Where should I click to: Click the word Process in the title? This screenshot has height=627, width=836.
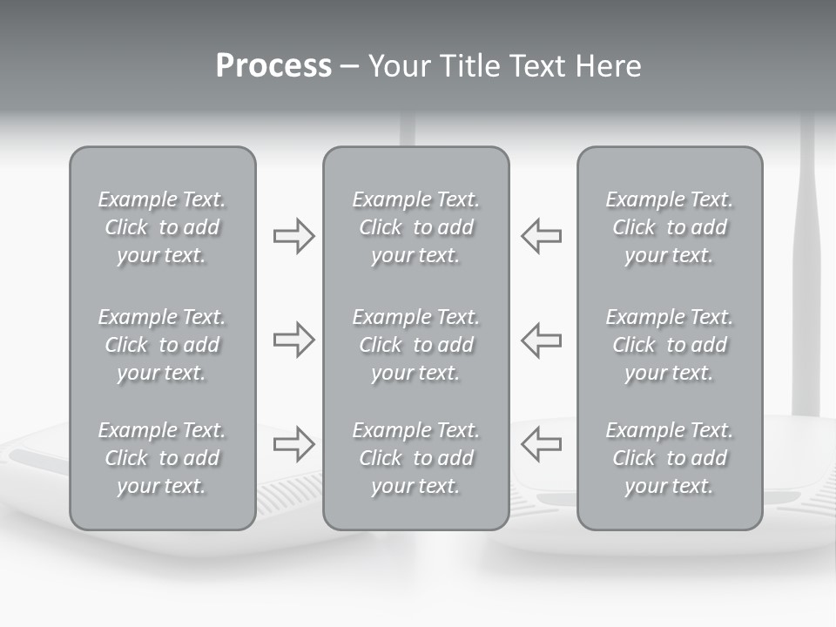coord(273,66)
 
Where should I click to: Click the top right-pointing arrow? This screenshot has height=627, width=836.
coord(293,236)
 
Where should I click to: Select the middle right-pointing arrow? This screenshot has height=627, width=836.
coord(293,340)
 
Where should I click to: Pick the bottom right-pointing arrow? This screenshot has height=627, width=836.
coord(293,443)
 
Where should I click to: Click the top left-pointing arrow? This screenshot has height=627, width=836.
coord(541,236)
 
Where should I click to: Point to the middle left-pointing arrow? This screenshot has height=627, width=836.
coord(541,340)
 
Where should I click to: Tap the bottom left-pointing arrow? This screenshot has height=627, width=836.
coord(541,443)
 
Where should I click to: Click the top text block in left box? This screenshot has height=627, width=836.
coord(162,227)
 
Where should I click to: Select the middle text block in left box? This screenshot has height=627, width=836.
coord(162,345)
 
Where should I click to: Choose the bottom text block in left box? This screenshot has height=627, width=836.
coord(162,458)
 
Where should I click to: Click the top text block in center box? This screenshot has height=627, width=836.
coord(416,227)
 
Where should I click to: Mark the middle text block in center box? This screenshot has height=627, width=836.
coord(416,345)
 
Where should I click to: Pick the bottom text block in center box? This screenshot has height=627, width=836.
coord(416,458)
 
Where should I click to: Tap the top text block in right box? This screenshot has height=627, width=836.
coord(670,227)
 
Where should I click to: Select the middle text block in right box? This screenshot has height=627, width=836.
coord(670,345)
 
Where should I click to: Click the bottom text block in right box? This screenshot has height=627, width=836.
coord(670,458)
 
